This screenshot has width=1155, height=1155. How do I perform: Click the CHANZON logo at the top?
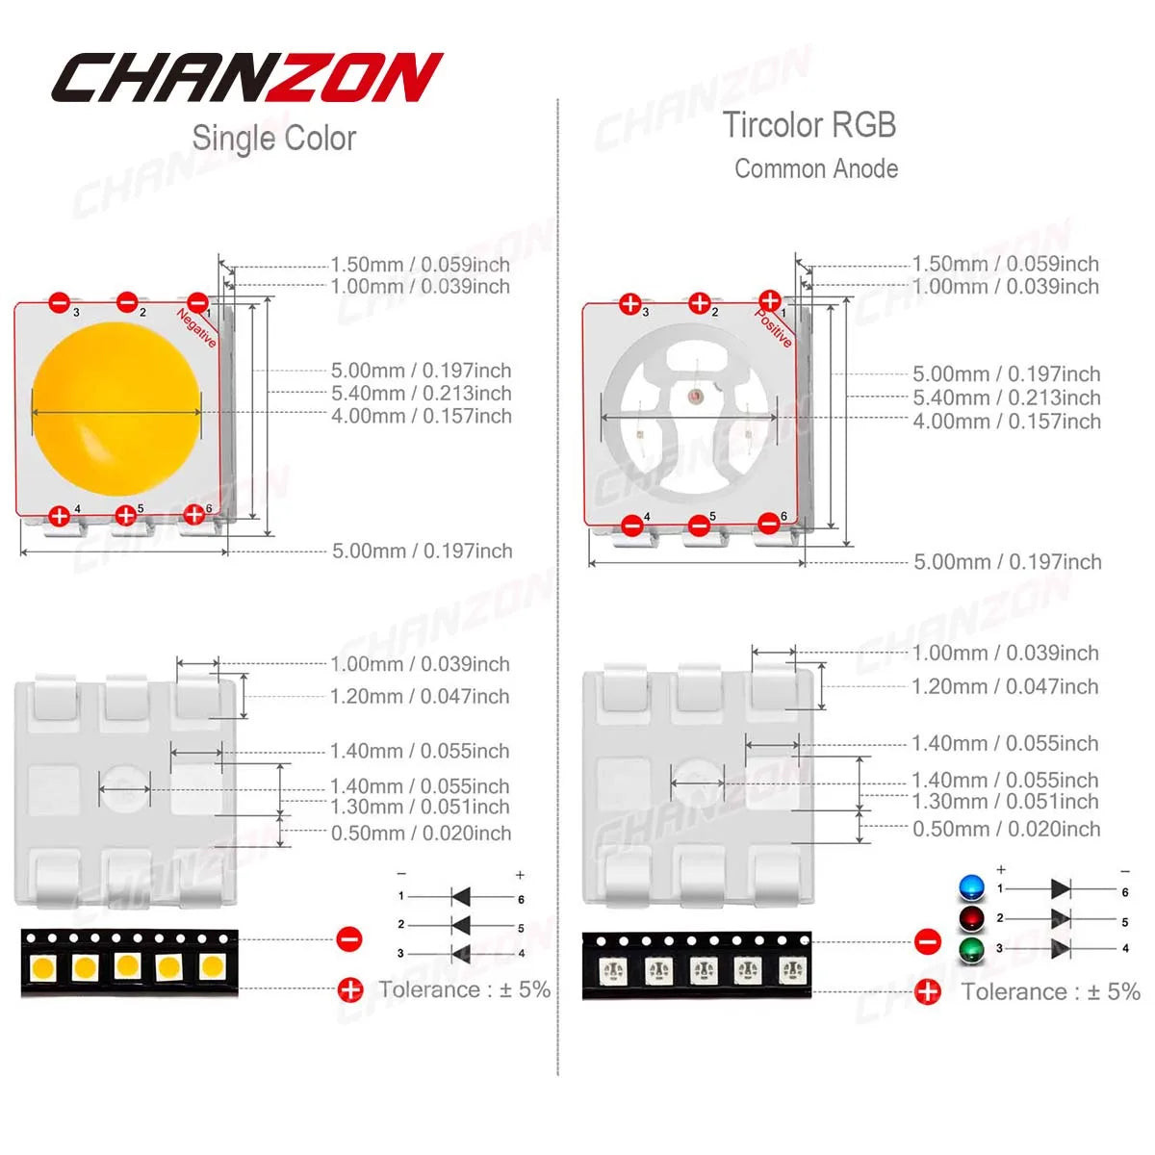pos(247,77)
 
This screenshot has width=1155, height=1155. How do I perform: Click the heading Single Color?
pos(274,139)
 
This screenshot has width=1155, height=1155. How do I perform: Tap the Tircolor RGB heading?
pos(809,125)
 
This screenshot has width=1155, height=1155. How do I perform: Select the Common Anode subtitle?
pos(816,169)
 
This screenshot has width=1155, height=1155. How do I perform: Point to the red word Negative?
pos(196,328)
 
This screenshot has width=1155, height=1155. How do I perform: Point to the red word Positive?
pos(773,327)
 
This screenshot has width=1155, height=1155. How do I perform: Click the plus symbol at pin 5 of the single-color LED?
pos(125,515)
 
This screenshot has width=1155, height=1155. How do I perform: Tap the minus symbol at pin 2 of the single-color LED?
pos(127,301)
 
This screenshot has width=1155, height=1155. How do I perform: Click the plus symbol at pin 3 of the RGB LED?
pos(630,304)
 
